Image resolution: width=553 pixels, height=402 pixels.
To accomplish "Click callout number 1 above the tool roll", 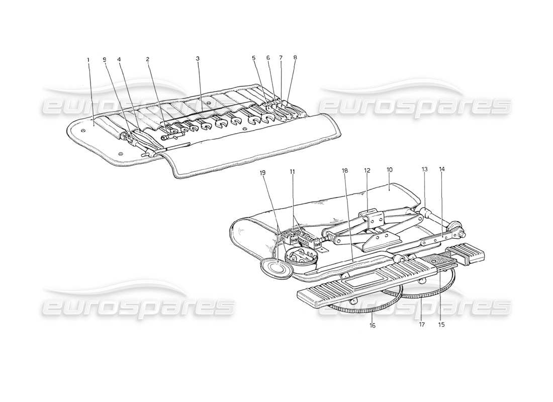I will pyautogui.click(x=88, y=59).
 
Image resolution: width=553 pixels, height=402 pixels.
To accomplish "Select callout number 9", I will pyautogui.click(x=105, y=59).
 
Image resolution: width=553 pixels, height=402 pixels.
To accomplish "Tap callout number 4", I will pyautogui.click(x=119, y=59).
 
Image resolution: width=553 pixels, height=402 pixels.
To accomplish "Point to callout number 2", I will pyautogui.click(x=148, y=59).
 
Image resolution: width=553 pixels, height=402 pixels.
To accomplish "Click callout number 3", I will pyautogui.click(x=198, y=59).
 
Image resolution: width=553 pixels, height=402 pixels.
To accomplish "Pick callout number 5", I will pyautogui.click(x=254, y=58).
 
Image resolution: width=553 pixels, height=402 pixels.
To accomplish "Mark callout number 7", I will pyautogui.click(x=281, y=58).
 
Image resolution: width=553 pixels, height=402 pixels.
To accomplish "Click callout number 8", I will pyautogui.click(x=295, y=58).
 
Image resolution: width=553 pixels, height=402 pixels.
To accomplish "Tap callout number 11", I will pyautogui.click(x=292, y=172).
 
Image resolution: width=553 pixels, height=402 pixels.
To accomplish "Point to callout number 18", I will pyautogui.click(x=345, y=171).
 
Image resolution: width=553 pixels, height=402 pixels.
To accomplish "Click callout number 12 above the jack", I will pyautogui.click(x=367, y=171).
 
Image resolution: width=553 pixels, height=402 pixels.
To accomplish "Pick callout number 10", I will pyautogui.click(x=389, y=171).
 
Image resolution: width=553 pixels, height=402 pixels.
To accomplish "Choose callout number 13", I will pyautogui.click(x=424, y=170).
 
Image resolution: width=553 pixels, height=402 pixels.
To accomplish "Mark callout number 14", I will pyautogui.click(x=442, y=170).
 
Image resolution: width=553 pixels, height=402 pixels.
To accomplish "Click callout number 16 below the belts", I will pyautogui.click(x=373, y=326).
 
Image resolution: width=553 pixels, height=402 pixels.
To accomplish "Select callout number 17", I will pyautogui.click(x=421, y=325).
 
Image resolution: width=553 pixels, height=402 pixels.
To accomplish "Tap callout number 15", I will pyautogui.click(x=441, y=324).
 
